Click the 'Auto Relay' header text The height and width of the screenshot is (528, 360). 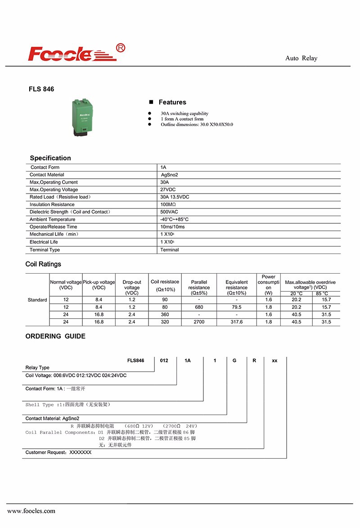(301, 58)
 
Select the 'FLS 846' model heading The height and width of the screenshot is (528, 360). (41, 89)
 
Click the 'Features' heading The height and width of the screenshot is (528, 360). (172, 102)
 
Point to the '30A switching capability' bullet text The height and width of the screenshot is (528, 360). (184, 113)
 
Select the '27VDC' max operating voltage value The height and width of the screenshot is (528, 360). (168, 190)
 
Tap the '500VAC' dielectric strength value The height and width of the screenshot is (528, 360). (169, 212)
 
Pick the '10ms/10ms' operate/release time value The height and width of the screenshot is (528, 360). (172, 227)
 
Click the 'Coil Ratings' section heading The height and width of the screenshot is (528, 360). (43, 264)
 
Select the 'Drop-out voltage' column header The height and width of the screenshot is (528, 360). (132, 288)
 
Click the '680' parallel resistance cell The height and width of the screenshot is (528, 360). (199, 307)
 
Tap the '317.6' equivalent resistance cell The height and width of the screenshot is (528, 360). (236, 322)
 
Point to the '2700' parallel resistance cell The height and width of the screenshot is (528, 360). (199, 322)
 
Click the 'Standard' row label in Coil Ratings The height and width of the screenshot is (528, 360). (37, 300)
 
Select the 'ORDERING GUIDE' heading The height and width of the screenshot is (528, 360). (55, 336)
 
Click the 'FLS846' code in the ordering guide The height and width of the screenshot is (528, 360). (136, 361)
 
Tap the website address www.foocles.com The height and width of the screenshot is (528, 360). (31, 511)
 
